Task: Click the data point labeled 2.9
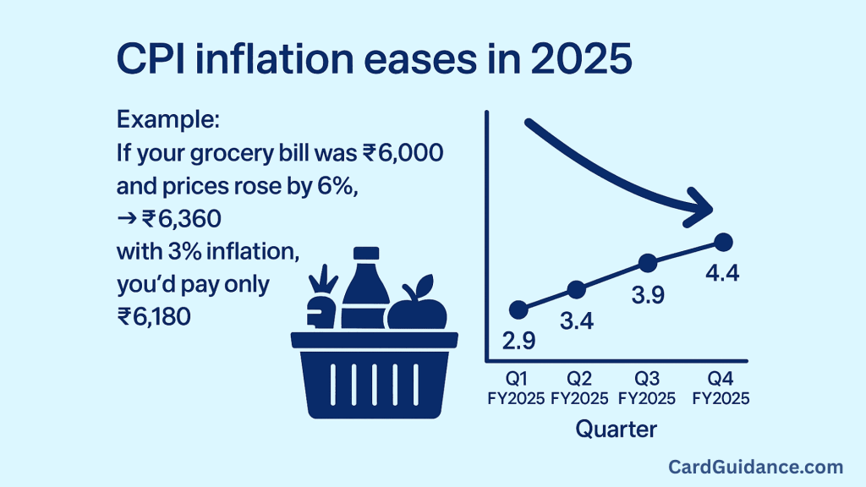[518, 310]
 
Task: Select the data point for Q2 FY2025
[576, 289]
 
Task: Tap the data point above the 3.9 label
[647, 263]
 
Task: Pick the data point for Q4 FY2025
[723, 242]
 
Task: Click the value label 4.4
[722, 273]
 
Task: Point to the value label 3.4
[577, 320]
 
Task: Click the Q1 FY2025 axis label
[516, 388]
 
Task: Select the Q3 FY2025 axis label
[647, 388]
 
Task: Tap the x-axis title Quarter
[617, 429]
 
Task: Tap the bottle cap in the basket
[365, 254]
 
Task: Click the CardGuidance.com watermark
[755, 467]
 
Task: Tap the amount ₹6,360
[181, 219]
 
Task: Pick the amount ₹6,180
[154, 317]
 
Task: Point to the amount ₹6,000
[403, 153]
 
